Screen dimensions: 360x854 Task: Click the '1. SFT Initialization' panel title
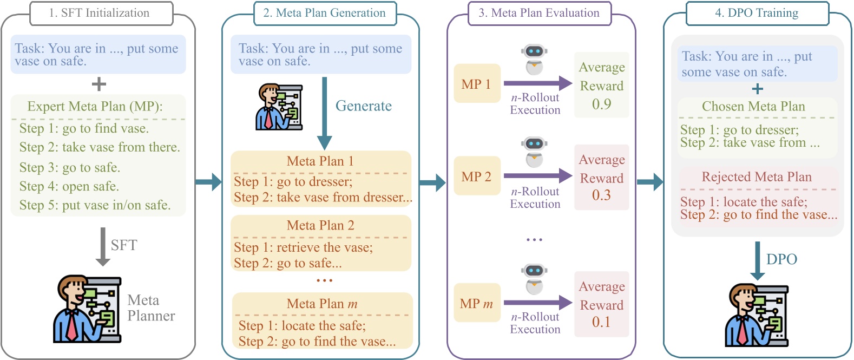coord(101,13)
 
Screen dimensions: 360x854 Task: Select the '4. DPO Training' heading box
coord(757,13)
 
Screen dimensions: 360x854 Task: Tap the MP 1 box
coord(476,84)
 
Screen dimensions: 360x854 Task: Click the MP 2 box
coord(476,176)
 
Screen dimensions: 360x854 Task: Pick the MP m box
coord(476,304)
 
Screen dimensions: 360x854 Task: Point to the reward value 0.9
coord(601,104)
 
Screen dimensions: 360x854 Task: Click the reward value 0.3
coord(601,195)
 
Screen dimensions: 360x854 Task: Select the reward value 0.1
coord(601,322)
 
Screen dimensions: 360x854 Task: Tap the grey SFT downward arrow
coord(103,247)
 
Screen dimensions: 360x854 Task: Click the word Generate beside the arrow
coord(363,106)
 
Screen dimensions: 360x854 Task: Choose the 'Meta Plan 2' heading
coord(320,225)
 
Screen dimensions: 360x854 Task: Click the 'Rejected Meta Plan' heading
coord(757,176)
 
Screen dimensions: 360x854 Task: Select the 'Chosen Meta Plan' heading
coord(753,106)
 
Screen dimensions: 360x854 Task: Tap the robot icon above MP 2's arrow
coord(534,151)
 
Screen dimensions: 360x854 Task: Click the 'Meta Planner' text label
coord(151,308)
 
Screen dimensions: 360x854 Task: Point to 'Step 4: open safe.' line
coord(69,186)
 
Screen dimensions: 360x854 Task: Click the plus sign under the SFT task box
coord(98,84)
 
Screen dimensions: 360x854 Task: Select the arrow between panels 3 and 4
coord(649,182)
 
